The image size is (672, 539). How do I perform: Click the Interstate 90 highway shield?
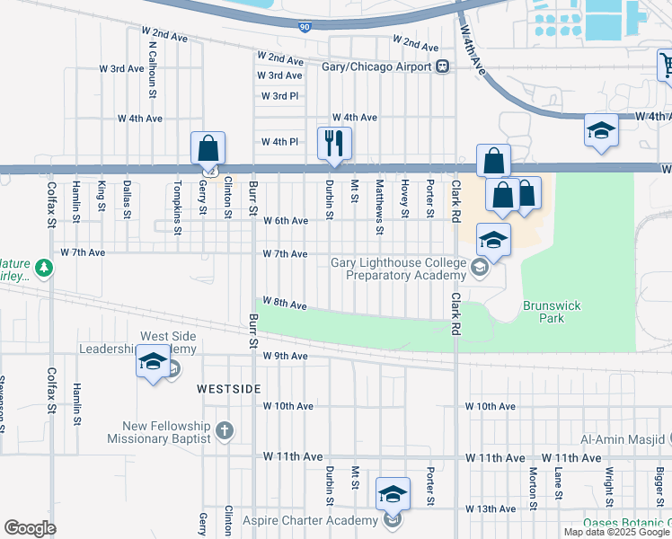point(305,27)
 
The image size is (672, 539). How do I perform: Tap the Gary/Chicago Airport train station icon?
point(442,66)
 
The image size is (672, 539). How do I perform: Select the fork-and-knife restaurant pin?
point(334,143)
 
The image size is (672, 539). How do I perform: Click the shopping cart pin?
point(667,65)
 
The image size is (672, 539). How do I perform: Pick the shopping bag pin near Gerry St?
point(208,148)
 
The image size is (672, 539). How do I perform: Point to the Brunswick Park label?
point(552,312)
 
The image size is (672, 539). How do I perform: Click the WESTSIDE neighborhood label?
point(229,388)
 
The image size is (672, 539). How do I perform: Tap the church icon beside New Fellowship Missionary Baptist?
point(224,432)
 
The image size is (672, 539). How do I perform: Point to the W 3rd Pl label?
point(279,96)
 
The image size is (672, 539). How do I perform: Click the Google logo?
point(30,528)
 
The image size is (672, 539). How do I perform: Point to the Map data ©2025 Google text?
point(615,532)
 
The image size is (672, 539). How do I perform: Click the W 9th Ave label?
point(285,357)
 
